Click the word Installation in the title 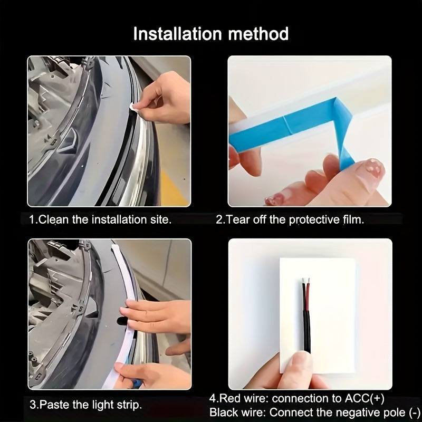tap(178, 34)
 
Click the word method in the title tap(258, 34)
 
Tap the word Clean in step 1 tap(53, 219)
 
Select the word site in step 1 tap(161, 219)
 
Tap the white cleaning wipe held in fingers tap(134, 108)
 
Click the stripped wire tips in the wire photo tap(306, 281)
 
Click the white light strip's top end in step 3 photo tap(115, 247)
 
